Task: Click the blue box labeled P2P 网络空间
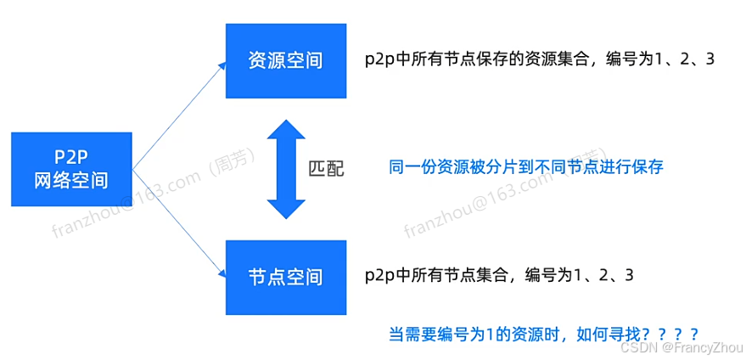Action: tap(72, 168)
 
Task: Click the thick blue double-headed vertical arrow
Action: tap(285, 168)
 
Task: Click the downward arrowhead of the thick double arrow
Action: tap(285, 207)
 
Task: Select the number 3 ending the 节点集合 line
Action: tap(628, 277)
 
